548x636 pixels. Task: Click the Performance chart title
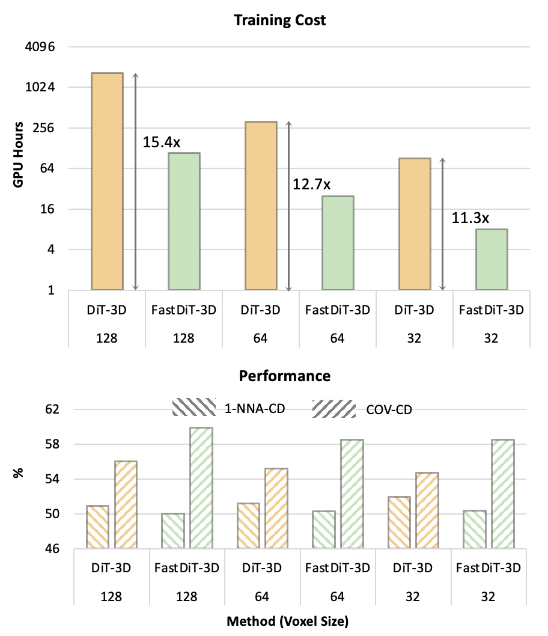click(284, 376)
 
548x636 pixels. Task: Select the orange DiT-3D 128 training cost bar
click(107, 181)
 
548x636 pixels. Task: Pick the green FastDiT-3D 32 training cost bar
click(492, 259)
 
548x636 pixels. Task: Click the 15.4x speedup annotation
click(162, 142)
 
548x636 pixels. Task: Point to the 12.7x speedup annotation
click(311, 184)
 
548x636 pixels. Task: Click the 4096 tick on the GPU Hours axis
click(41, 47)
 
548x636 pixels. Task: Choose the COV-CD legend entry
click(361, 409)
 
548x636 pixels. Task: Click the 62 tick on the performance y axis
click(53, 409)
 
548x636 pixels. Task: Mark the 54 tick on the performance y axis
click(53, 479)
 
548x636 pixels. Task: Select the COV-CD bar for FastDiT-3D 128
click(201, 488)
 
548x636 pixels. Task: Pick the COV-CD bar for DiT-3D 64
click(276, 508)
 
